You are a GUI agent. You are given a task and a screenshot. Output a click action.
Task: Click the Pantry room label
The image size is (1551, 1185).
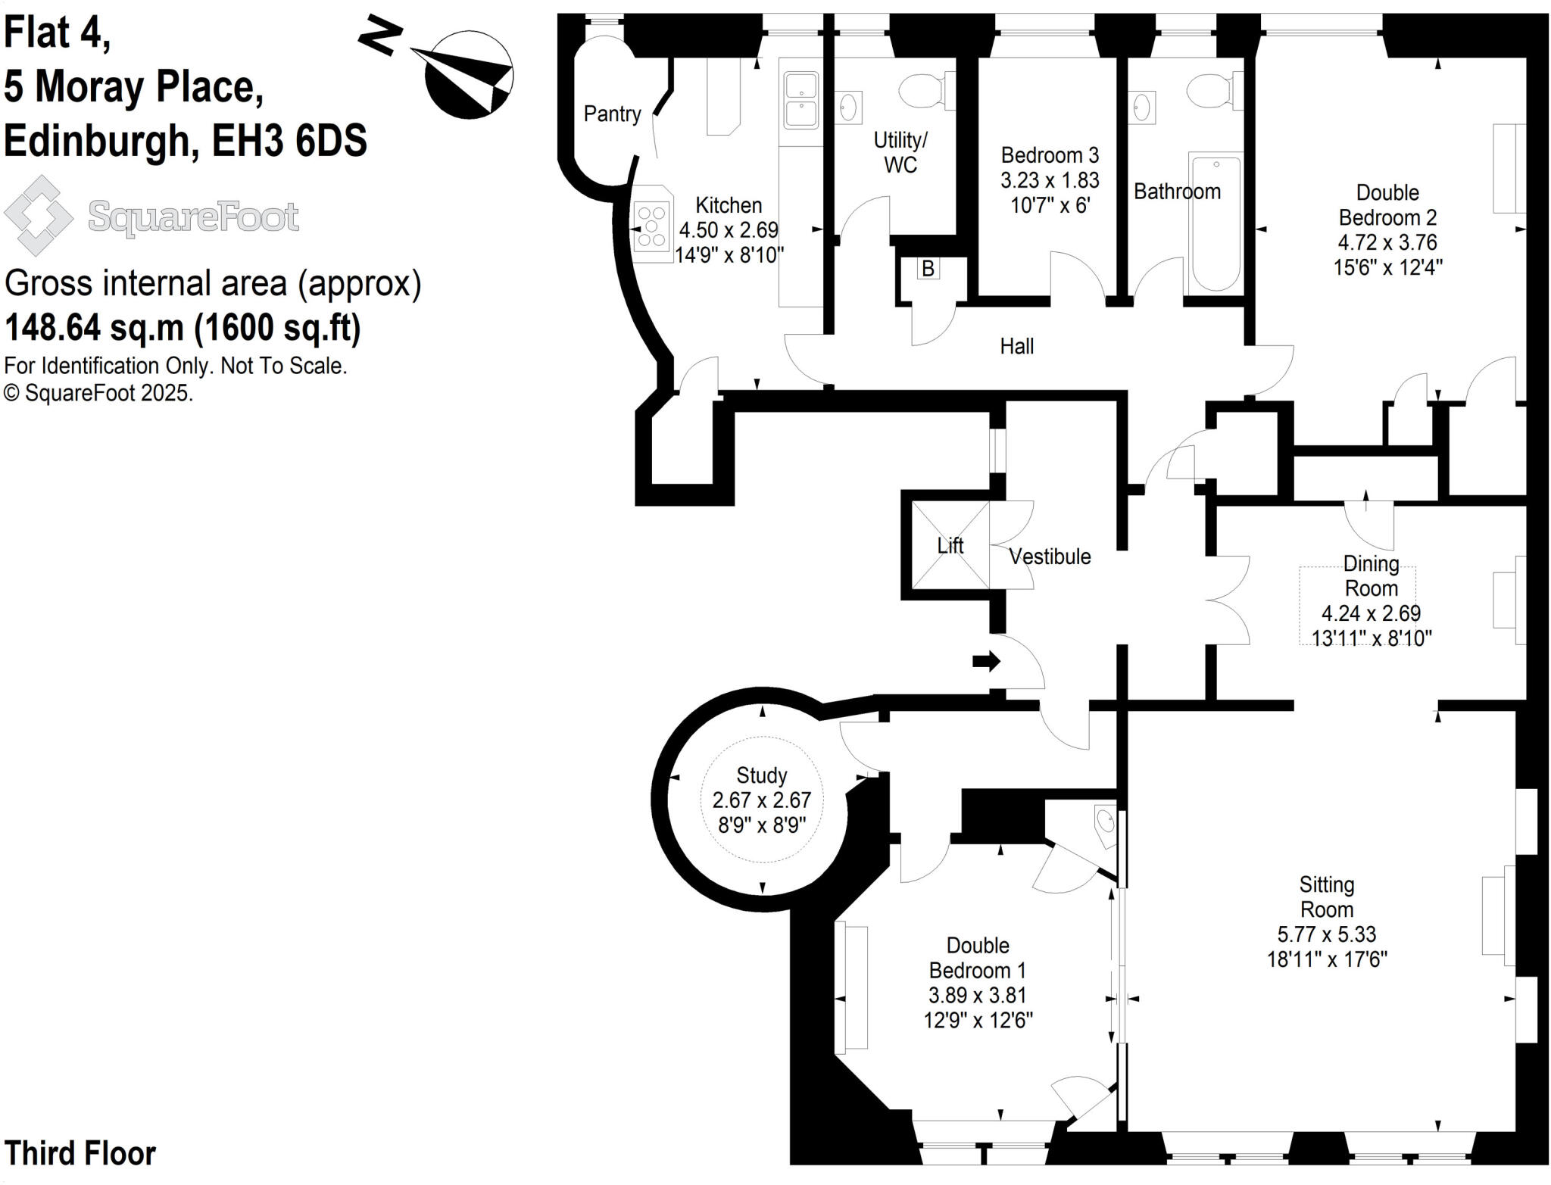pyautogui.click(x=612, y=114)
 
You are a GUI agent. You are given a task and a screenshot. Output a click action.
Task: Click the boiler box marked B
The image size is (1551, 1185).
pyautogui.click(x=928, y=269)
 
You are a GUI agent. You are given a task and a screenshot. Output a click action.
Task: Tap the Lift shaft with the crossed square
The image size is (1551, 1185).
pyautogui.click(x=950, y=545)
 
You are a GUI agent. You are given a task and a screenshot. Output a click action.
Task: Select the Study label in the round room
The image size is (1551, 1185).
pyautogui.click(x=761, y=775)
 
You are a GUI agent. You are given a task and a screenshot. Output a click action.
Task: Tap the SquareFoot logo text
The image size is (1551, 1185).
pyautogui.click(x=193, y=217)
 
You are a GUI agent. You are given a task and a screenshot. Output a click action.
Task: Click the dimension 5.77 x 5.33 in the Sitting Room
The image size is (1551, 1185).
pyautogui.click(x=1326, y=934)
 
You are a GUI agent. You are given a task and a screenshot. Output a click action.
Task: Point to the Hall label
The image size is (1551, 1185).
pyautogui.click(x=1016, y=347)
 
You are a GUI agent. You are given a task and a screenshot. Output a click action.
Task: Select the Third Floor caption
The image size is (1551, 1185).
pyautogui.click(x=80, y=1153)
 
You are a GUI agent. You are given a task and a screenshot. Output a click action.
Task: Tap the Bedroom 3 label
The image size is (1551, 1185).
pyautogui.click(x=1049, y=155)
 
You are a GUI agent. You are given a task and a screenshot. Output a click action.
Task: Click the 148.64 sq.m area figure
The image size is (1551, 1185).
pyautogui.click(x=94, y=328)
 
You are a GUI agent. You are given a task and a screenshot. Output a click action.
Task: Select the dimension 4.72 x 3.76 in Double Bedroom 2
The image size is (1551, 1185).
pyautogui.click(x=1387, y=242)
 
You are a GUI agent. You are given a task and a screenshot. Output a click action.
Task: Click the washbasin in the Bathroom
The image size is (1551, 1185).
pyautogui.click(x=1142, y=107)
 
